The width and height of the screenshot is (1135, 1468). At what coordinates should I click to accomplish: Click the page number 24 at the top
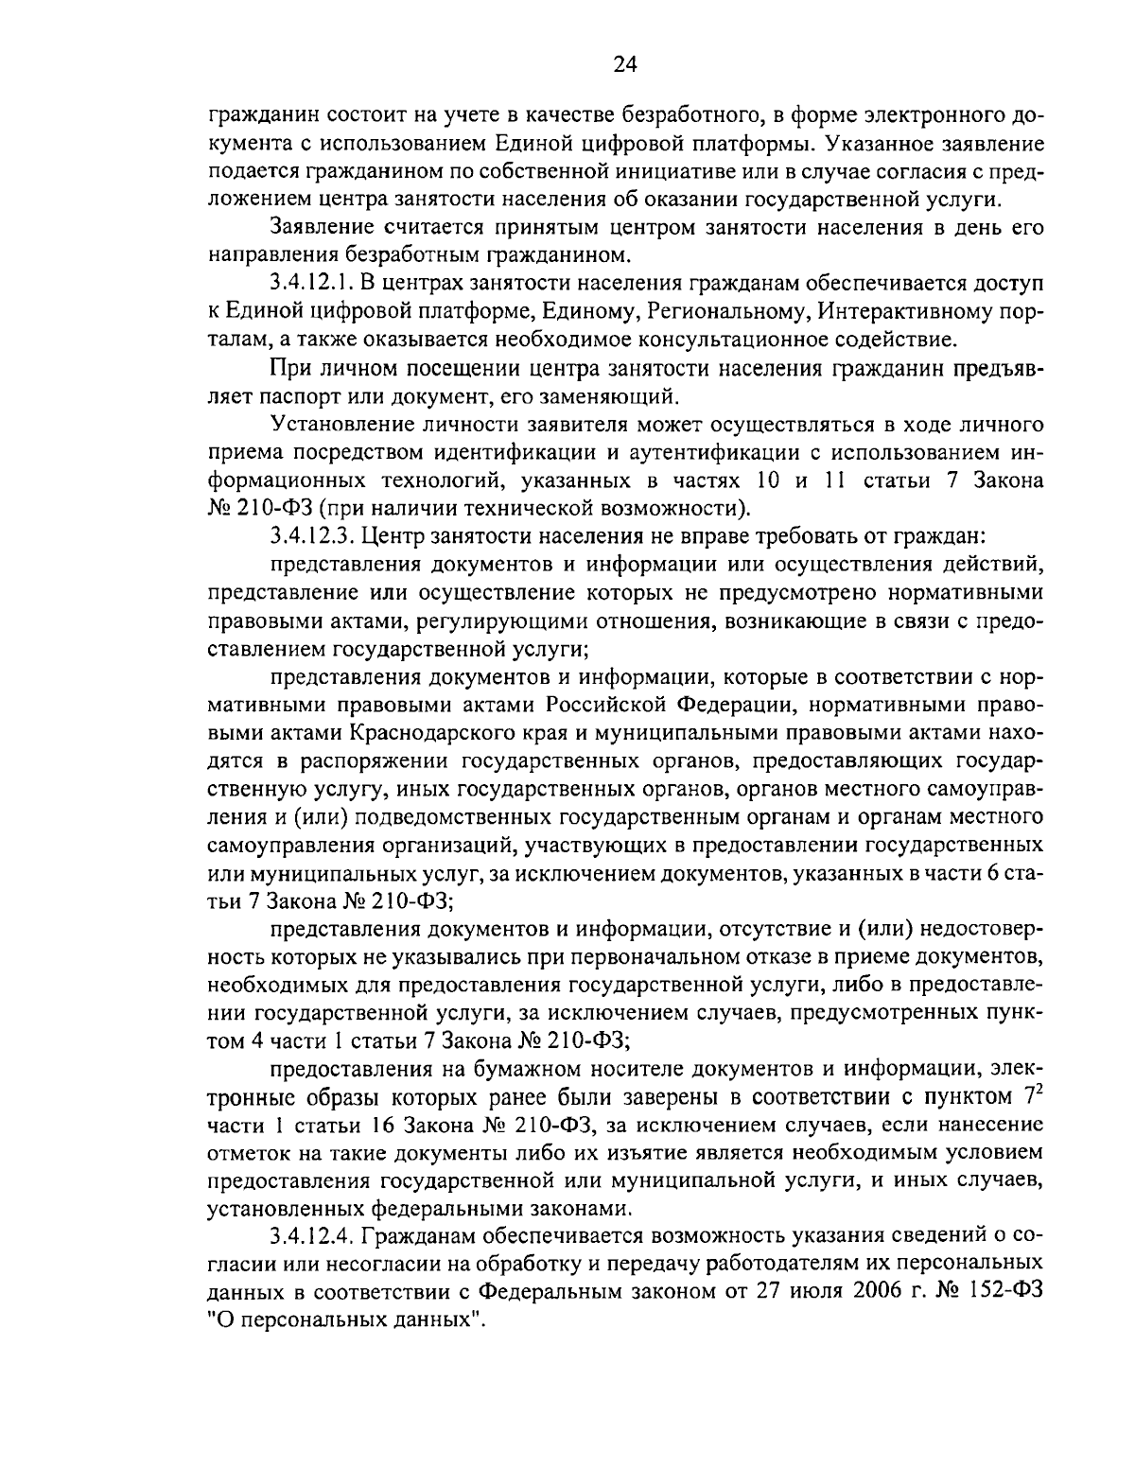[625, 64]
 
